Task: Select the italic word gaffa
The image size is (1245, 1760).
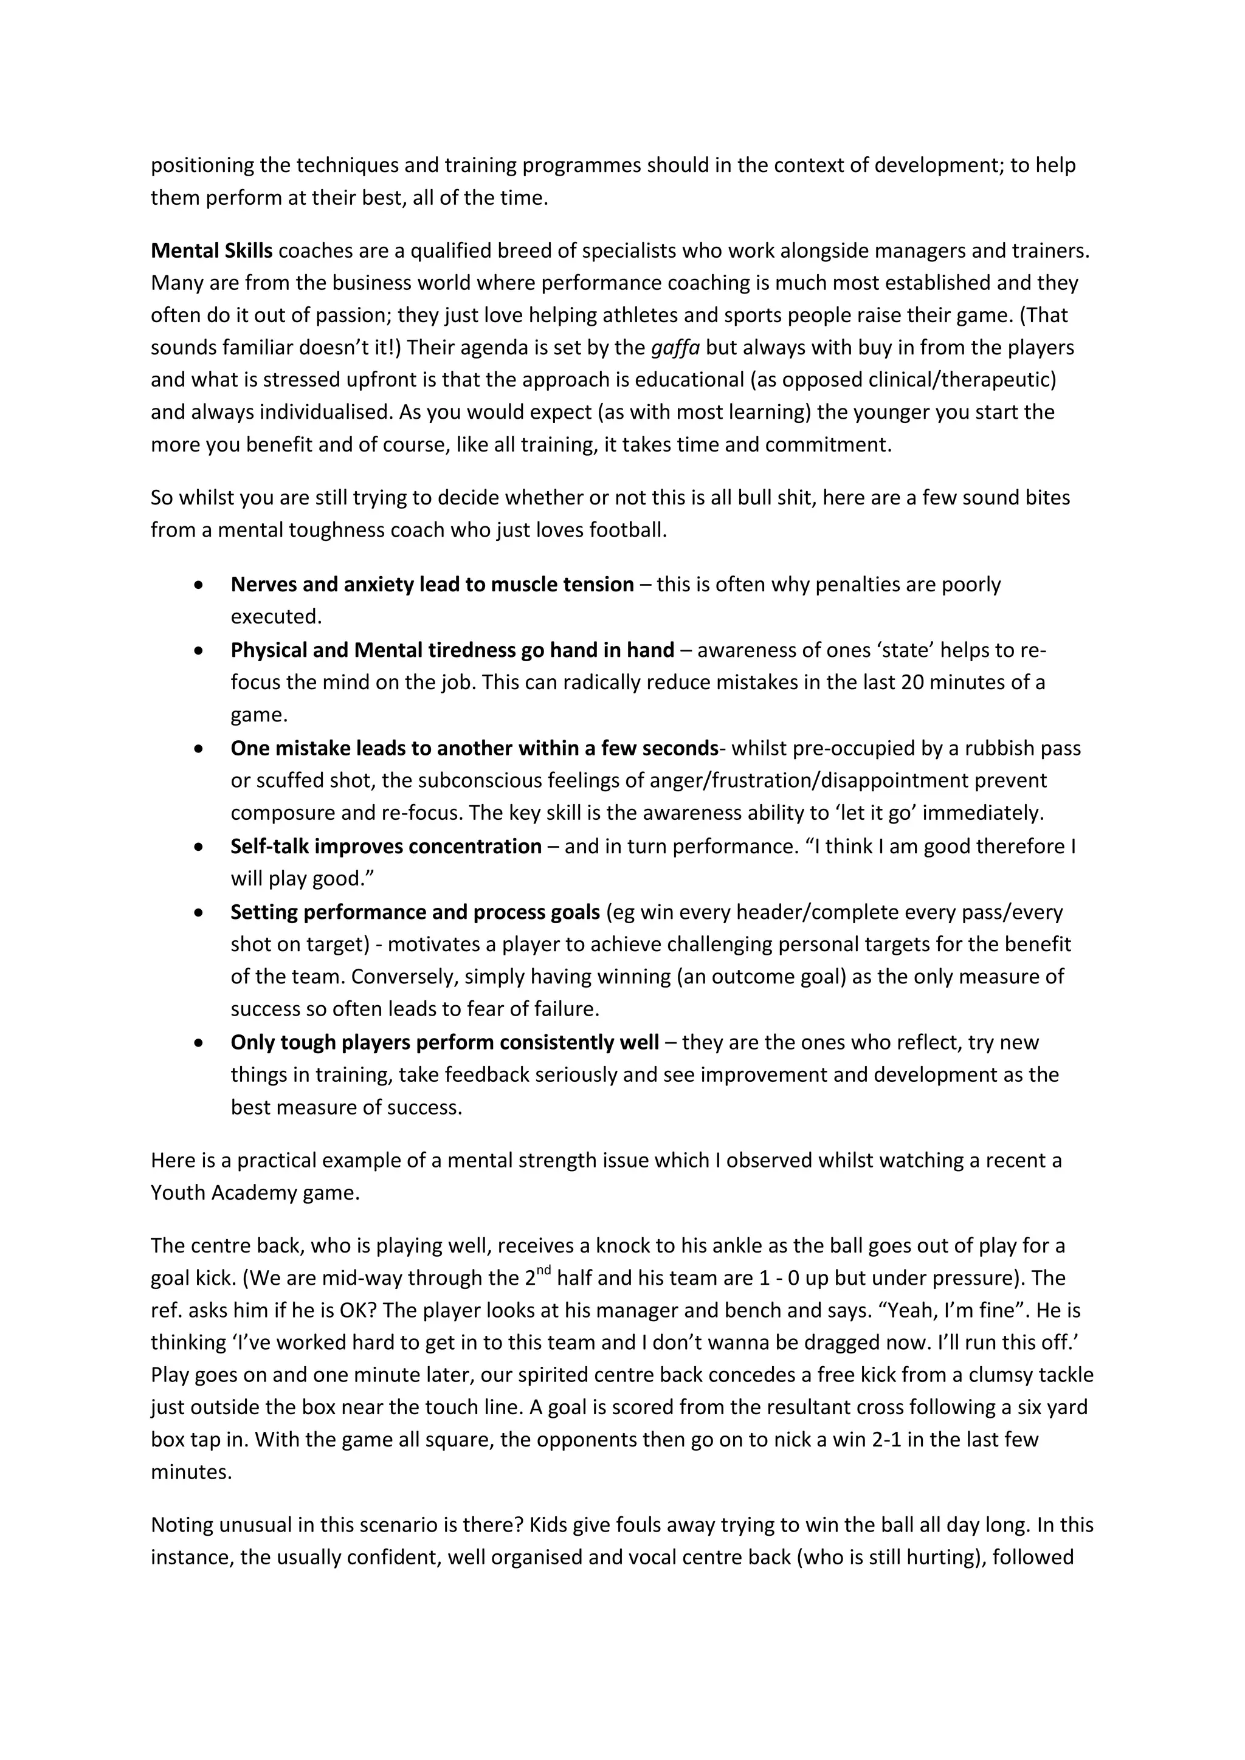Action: [x=675, y=348]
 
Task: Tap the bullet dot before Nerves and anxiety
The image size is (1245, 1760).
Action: [x=199, y=585]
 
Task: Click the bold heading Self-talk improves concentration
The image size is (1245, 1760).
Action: [x=385, y=847]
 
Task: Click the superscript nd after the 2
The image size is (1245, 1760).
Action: [x=543, y=1270]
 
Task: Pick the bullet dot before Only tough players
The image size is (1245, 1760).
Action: [x=199, y=1042]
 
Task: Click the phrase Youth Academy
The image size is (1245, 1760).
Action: [x=223, y=1194]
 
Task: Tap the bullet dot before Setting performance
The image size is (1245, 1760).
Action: [x=199, y=912]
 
